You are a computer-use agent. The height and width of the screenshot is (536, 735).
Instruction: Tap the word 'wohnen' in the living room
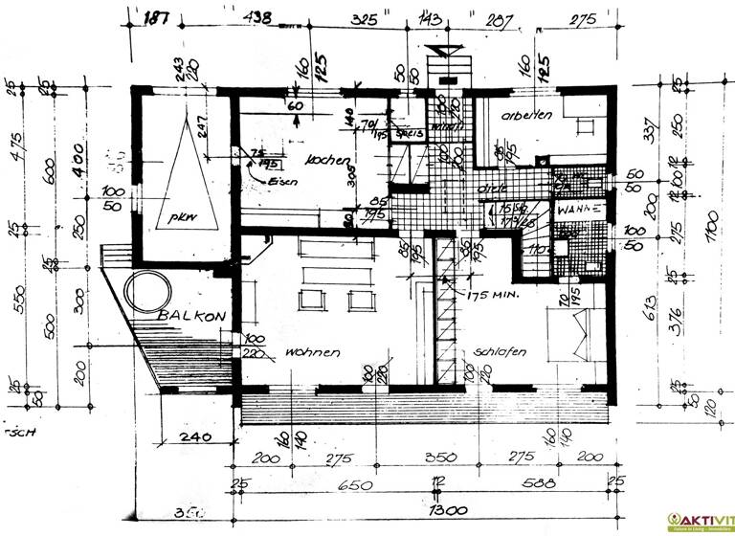[x=312, y=353]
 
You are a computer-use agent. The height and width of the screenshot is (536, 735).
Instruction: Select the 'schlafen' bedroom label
[x=500, y=353]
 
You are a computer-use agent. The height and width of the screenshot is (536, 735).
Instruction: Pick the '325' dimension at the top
[x=362, y=17]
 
